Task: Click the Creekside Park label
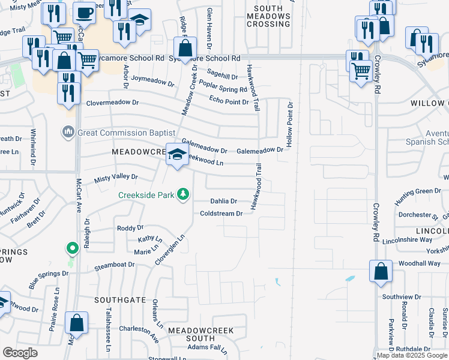(x=146, y=195)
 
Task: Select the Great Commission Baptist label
(x=125, y=133)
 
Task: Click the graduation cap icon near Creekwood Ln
(x=177, y=155)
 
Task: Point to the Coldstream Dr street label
(x=221, y=214)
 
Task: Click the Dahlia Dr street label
(x=223, y=202)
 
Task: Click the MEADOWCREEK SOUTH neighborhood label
(x=200, y=334)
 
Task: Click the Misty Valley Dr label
(x=116, y=178)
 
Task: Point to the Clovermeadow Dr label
(x=112, y=103)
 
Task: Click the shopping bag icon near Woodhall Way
(x=381, y=271)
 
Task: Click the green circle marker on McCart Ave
(x=72, y=248)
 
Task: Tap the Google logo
(x=20, y=353)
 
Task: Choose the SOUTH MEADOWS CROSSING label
(x=268, y=15)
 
